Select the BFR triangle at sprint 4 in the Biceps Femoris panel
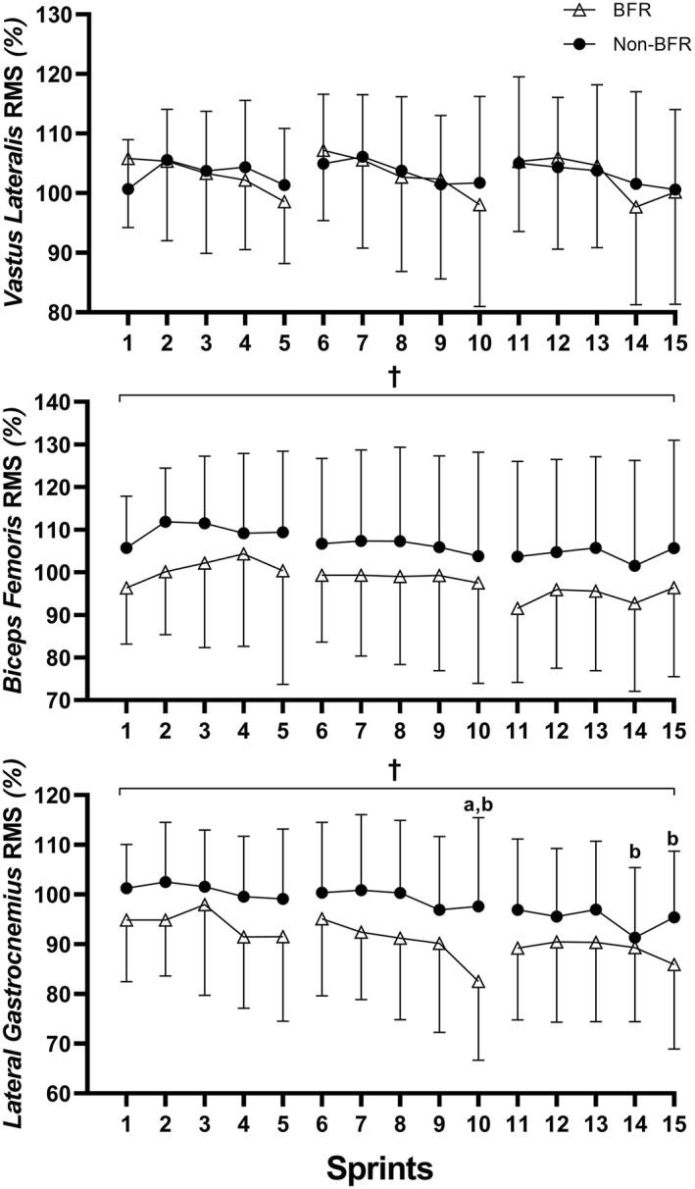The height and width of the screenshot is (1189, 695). [x=244, y=554]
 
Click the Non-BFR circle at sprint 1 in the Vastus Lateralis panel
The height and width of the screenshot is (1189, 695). [x=127, y=188]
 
